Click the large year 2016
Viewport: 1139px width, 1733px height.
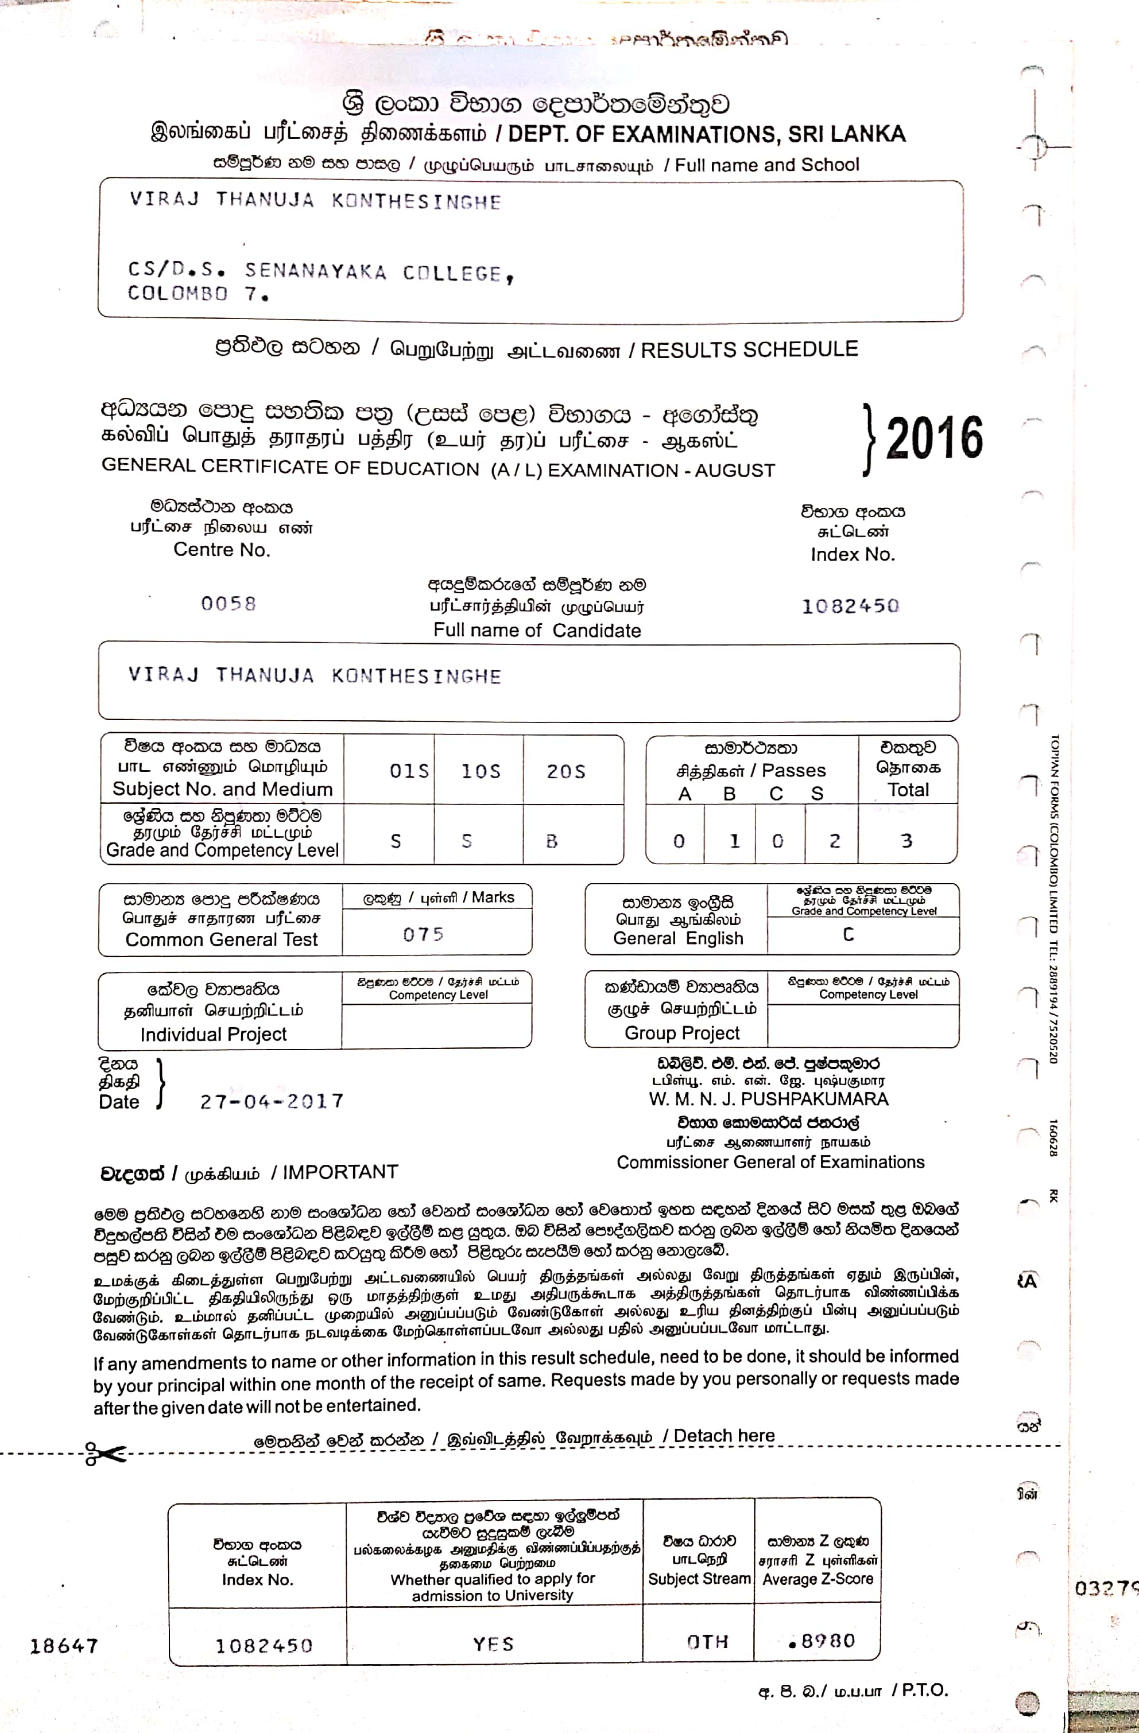935,438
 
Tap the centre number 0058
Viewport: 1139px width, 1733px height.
228,604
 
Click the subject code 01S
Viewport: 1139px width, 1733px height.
409,771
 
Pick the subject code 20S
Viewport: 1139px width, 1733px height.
566,771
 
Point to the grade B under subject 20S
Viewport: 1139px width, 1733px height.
552,841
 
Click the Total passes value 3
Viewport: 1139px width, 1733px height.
906,841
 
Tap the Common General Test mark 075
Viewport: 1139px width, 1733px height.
423,934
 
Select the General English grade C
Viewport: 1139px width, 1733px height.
849,934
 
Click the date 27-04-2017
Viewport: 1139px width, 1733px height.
272,1102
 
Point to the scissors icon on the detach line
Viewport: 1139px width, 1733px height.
104,1454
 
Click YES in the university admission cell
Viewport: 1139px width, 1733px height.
494,1644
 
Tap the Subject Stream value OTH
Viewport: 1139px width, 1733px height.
707,1642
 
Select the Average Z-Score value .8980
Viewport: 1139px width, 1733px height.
822,1641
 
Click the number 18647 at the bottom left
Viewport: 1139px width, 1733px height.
64,1646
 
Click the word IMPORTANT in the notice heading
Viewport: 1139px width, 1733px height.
340,1172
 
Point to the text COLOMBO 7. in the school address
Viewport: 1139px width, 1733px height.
198,294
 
